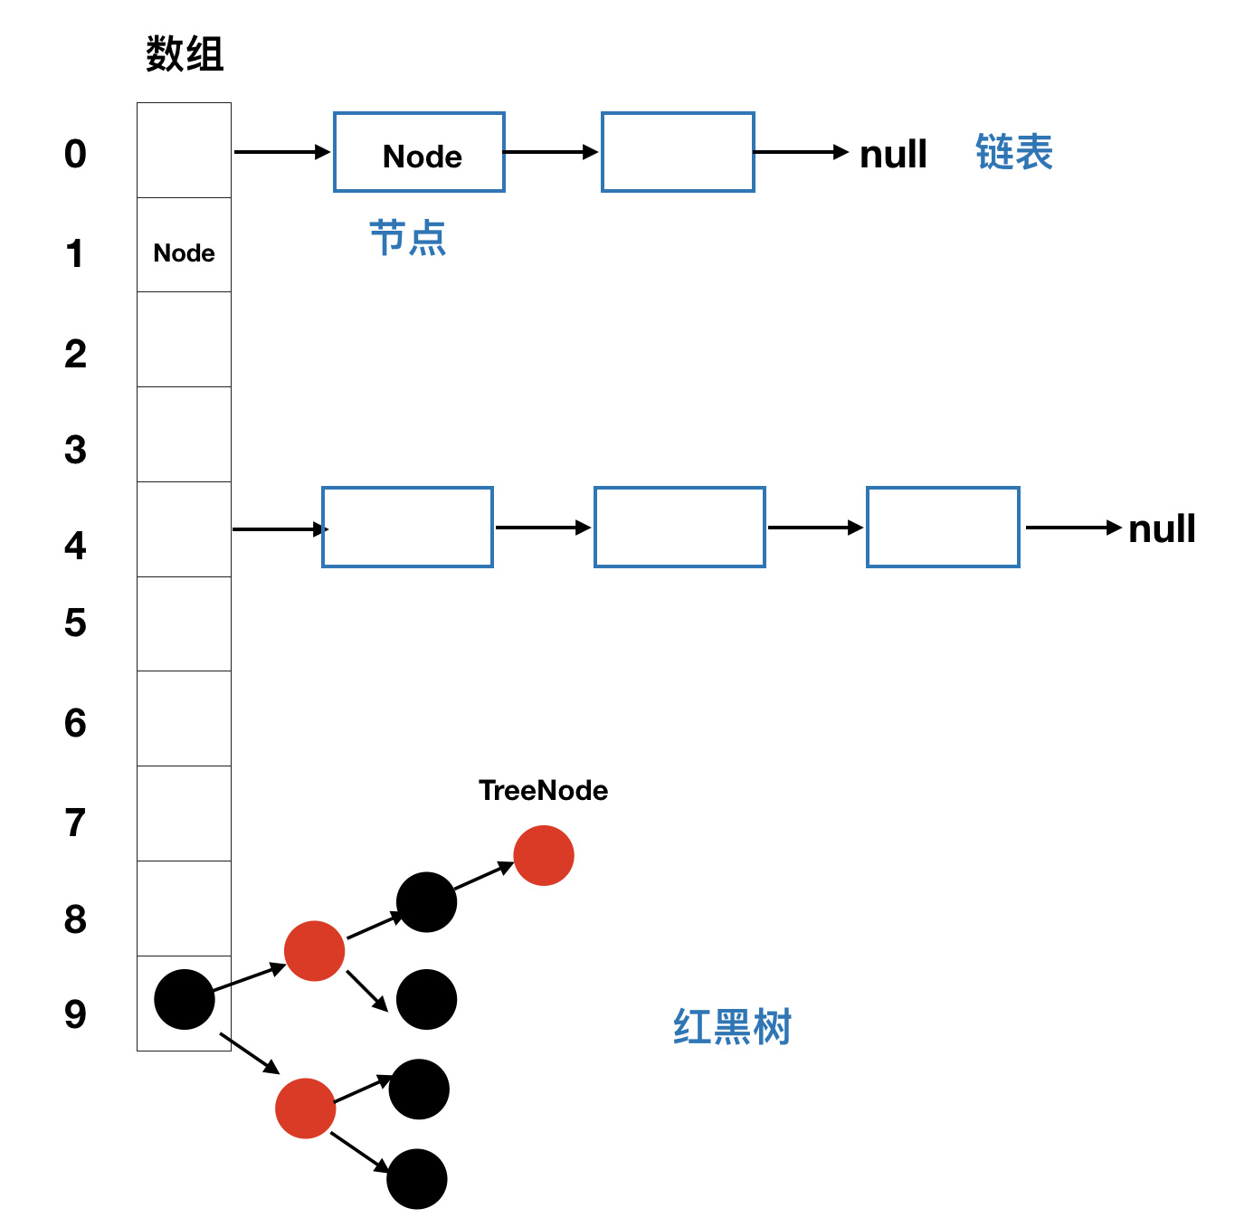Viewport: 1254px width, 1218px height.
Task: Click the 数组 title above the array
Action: pos(185,54)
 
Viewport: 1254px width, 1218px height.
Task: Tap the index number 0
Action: pos(75,154)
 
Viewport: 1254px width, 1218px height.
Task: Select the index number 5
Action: pos(75,623)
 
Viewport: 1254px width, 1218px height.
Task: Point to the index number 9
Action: pos(75,1013)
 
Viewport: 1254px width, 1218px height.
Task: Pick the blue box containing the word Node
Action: pos(419,152)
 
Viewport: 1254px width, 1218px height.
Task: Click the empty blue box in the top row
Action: pos(678,152)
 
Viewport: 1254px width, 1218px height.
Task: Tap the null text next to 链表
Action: pos(893,154)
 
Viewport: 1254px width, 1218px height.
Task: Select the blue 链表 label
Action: pos(1013,152)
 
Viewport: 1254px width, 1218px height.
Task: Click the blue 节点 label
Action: pos(408,238)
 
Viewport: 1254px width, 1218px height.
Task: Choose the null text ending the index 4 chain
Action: pos(1162,528)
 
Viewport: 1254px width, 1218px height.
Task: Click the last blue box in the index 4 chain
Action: pos(943,528)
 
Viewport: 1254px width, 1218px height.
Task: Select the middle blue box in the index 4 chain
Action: pos(679,528)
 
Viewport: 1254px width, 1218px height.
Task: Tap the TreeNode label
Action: pos(543,790)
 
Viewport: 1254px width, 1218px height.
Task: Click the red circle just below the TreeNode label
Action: pos(544,855)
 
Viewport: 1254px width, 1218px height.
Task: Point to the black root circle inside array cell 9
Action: pos(185,999)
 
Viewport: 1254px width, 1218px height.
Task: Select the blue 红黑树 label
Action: pos(732,1027)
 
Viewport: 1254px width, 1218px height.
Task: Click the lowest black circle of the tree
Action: pos(417,1178)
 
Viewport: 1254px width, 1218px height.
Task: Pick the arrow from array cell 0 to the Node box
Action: pos(281,152)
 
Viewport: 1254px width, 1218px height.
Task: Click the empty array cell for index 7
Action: pos(185,814)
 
